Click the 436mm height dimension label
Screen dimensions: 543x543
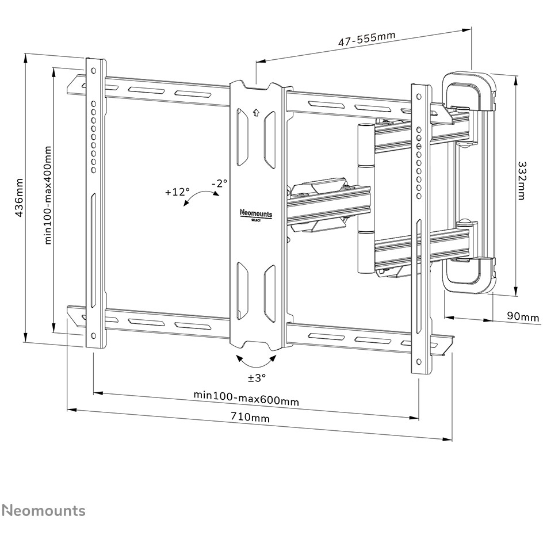point(19,198)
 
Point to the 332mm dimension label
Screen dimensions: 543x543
point(521,181)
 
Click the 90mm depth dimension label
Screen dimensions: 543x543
point(523,316)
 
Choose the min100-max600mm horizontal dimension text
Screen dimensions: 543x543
point(246,397)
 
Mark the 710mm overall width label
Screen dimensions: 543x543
point(250,417)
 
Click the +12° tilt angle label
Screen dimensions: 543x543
point(178,192)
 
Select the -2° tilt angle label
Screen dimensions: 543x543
point(220,183)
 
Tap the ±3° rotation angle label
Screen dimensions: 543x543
point(257,377)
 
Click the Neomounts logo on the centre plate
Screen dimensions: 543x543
point(256,215)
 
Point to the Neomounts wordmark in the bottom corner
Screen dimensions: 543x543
point(44,510)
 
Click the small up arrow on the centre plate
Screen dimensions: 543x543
point(256,113)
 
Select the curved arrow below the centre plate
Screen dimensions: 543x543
point(256,361)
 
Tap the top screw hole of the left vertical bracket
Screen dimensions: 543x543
point(93,71)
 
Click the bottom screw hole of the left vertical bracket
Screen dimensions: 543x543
point(93,335)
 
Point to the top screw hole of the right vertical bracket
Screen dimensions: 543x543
point(419,97)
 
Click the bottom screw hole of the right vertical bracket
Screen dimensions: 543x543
point(419,362)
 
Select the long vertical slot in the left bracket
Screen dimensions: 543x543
point(93,250)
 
